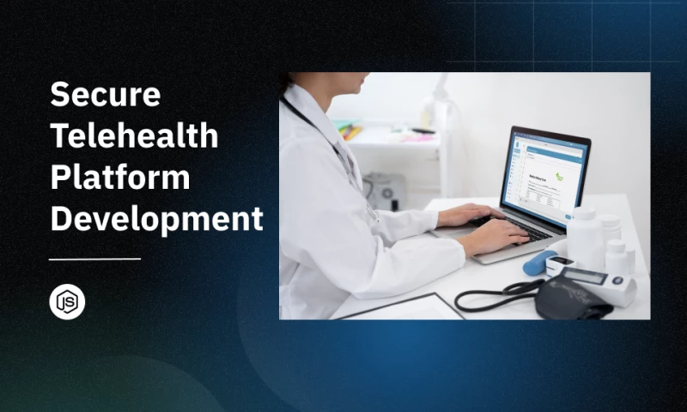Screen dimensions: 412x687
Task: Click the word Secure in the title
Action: coord(105,94)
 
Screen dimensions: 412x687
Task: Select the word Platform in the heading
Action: coord(119,177)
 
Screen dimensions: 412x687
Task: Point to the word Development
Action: coord(156,218)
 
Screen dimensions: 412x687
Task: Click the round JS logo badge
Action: coord(67,302)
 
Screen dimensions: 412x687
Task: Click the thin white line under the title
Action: coord(94,258)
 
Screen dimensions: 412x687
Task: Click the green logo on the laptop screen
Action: coord(558,178)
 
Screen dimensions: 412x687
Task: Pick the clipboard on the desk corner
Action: coord(404,306)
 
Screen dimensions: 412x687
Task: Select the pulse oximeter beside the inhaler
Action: coord(560,265)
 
